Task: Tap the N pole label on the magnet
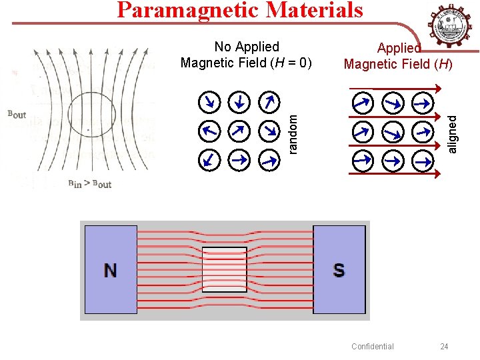pos(110,270)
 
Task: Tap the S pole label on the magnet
pos(339,270)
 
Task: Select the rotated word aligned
pos(453,133)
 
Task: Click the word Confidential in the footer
pos(372,346)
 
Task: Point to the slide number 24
pos(445,346)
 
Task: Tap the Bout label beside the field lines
pos(17,115)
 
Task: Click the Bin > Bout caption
pos(90,184)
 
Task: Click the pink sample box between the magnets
pos(225,270)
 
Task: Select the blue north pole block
pos(110,269)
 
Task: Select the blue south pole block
pos(339,269)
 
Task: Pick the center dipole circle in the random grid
pos(238,131)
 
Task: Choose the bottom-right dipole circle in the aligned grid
pos(422,161)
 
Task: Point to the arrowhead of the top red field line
pos(438,87)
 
